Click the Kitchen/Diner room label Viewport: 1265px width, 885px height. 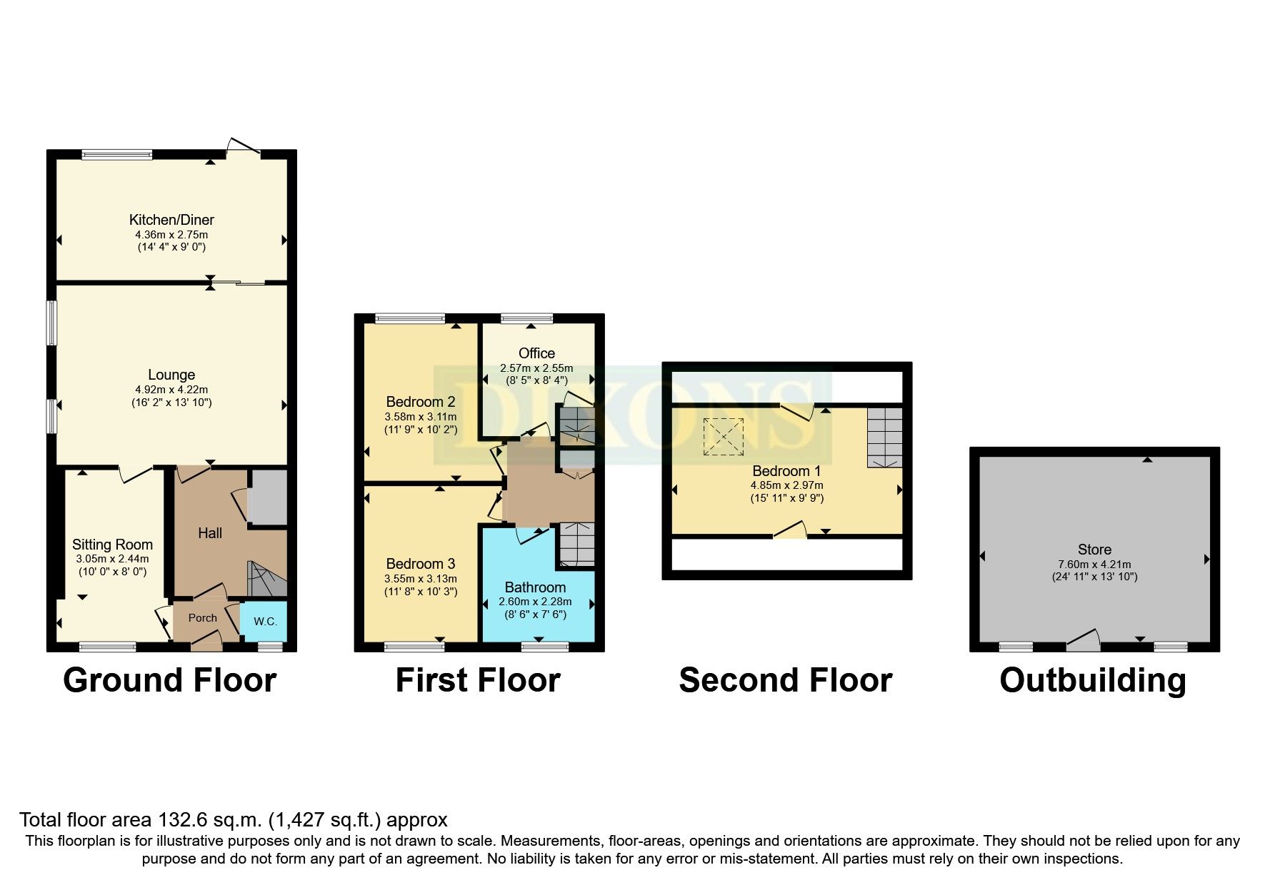(x=171, y=220)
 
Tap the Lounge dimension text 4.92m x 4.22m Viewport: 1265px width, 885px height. (x=171, y=390)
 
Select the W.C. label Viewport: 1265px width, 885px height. (x=266, y=622)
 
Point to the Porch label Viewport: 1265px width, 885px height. (x=203, y=618)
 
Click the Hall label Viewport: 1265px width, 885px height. (x=210, y=533)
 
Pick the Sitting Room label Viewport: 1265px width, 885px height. (x=112, y=545)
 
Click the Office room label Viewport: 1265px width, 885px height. (x=536, y=353)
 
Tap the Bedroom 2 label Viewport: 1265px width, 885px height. (x=421, y=402)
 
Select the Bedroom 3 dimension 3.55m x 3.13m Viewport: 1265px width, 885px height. (x=421, y=579)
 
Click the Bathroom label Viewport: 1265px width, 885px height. (x=535, y=587)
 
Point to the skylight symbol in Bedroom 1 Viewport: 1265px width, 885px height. (x=724, y=437)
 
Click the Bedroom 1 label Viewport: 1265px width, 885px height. (x=786, y=471)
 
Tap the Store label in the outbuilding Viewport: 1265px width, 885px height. (x=1094, y=550)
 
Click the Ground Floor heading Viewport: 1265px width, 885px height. (x=170, y=680)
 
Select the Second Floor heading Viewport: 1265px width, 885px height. (x=786, y=680)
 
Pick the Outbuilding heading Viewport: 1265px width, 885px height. (x=1093, y=680)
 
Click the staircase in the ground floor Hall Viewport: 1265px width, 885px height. (x=267, y=579)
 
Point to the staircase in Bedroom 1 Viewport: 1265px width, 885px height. (x=885, y=438)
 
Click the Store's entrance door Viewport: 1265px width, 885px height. (x=1084, y=640)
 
